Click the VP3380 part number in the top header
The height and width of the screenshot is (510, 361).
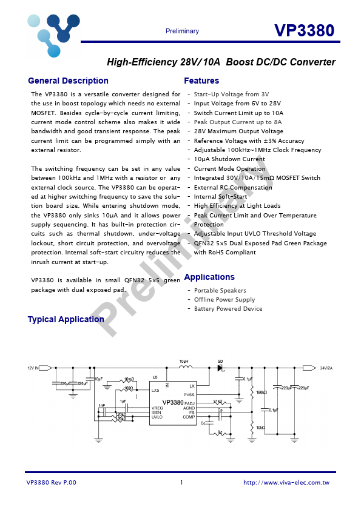pos(304,31)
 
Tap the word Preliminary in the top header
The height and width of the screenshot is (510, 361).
pos(182,31)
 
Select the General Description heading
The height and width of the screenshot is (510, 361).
pos(69,81)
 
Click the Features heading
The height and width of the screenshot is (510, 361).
pos(201,81)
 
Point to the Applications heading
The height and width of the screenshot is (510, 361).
pos(209,277)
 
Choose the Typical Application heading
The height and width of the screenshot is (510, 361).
pos(66,319)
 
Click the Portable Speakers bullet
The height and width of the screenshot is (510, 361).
pos(220,291)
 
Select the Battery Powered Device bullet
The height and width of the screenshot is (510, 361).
pos(228,309)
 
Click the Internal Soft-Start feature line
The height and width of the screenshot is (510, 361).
pos(220,197)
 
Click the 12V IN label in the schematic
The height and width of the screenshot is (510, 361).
pos(33,368)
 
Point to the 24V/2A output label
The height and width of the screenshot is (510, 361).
pos(326,368)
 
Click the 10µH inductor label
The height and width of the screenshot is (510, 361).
pos(183,362)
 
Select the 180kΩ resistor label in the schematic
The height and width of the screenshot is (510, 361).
pos(262,392)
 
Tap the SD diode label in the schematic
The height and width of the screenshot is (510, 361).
pos(220,362)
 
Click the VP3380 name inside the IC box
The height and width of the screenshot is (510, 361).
pos(173,402)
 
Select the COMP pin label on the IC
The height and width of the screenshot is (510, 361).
pos(189,417)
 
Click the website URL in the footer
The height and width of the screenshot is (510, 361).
pos(286,483)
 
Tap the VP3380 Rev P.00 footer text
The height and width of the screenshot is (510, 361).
pos(52,483)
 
